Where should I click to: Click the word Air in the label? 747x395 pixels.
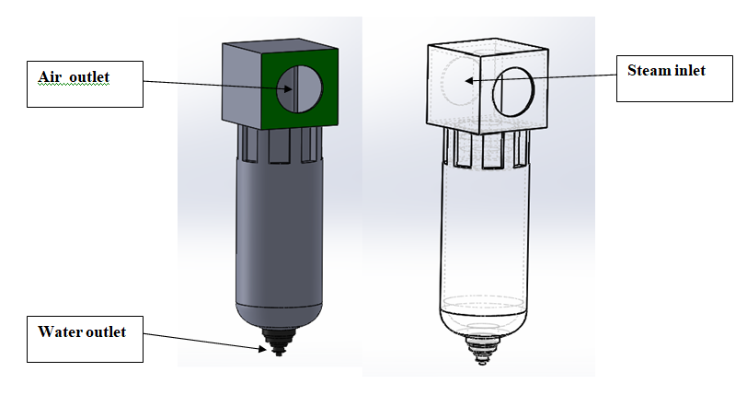pyautogui.click(x=49, y=76)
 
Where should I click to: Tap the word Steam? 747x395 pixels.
pyautogui.click(x=648, y=71)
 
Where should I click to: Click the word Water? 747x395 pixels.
pyautogui.click(x=59, y=331)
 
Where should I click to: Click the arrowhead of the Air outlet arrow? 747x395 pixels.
pyautogui.click(x=288, y=88)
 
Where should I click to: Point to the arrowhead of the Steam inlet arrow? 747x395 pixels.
pyautogui.click(x=469, y=81)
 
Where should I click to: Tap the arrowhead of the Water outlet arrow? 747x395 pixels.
pyautogui.click(x=262, y=349)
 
